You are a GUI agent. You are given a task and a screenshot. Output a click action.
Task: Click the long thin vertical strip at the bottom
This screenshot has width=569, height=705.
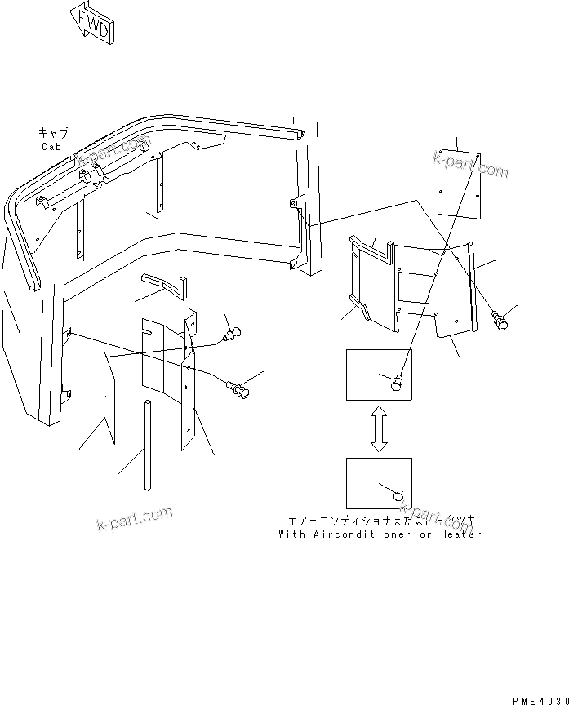147,445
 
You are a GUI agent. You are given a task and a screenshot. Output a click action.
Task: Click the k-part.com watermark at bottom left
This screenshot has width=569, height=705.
135,517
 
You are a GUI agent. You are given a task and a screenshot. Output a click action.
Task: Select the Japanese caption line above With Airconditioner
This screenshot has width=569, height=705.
380,521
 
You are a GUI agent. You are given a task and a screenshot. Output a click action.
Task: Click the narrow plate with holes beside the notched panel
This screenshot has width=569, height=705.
189,400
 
